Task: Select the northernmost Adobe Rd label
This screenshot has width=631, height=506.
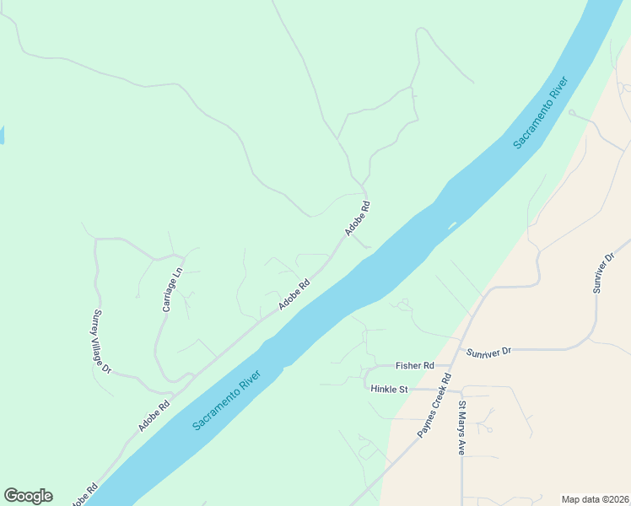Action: (x=357, y=218)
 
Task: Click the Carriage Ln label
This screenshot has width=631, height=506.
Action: (x=172, y=290)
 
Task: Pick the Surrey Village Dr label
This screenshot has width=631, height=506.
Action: (x=101, y=342)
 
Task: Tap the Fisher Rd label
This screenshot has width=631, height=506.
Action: (x=414, y=366)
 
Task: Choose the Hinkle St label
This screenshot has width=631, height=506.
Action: (x=389, y=389)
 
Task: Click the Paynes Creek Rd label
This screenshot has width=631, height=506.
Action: (x=434, y=406)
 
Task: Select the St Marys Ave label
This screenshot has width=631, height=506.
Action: (x=462, y=428)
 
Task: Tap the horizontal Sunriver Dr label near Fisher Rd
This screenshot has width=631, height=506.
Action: (x=488, y=349)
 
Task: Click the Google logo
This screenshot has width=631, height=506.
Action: (x=28, y=496)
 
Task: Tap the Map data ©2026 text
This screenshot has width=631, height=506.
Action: (x=595, y=498)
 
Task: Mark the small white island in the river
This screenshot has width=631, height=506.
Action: (x=452, y=225)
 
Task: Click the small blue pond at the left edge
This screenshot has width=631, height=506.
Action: (x=2, y=135)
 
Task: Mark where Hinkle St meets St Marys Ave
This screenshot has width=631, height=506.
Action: (x=461, y=390)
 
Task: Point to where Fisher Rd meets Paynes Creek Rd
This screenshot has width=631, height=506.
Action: (x=450, y=367)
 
